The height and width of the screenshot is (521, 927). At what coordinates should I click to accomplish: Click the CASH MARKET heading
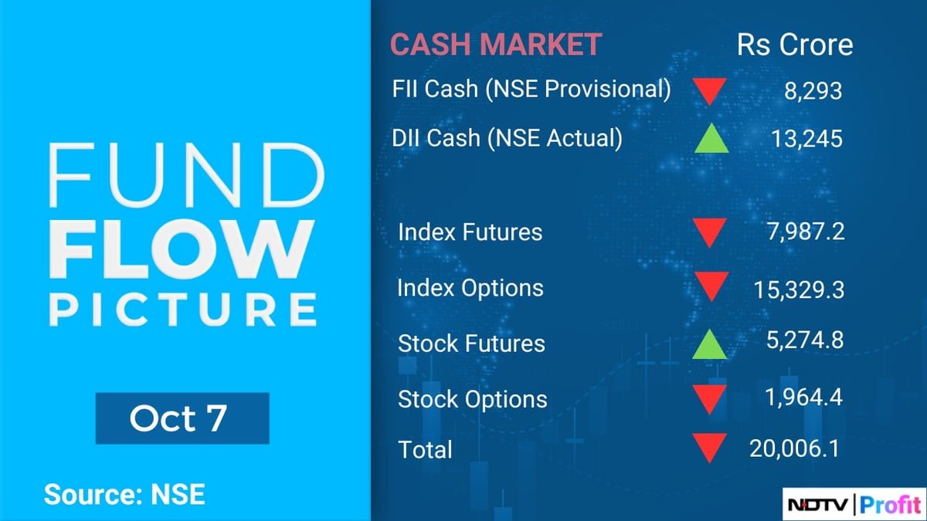point(495,45)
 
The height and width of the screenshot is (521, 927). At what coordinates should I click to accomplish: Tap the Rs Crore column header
point(795,45)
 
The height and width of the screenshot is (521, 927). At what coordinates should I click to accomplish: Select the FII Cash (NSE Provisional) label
point(531,90)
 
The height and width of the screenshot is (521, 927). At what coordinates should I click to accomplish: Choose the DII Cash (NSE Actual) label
point(507,138)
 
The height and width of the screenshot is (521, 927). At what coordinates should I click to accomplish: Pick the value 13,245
point(806,139)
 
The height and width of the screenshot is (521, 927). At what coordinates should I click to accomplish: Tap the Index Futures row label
point(470,232)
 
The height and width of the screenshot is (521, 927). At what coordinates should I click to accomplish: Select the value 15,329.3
point(796,289)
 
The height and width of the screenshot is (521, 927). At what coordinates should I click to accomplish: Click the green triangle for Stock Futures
point(709,344)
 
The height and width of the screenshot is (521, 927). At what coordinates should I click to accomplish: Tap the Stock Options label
point(472,400)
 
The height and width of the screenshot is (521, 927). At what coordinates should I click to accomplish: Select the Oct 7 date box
point(182,418)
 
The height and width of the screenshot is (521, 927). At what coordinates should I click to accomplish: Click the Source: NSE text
point(124,494)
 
